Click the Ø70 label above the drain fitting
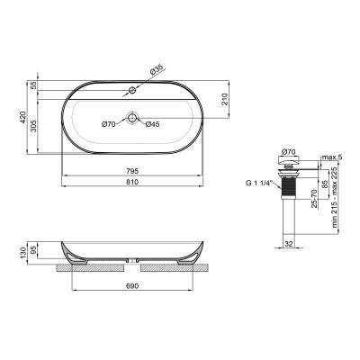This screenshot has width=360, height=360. [x=289, y=152]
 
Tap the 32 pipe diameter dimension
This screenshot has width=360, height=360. [x=288, y=242]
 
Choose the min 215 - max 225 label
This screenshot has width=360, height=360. [x=337, y=200]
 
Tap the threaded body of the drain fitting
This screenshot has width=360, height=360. [x=288, y=187]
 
